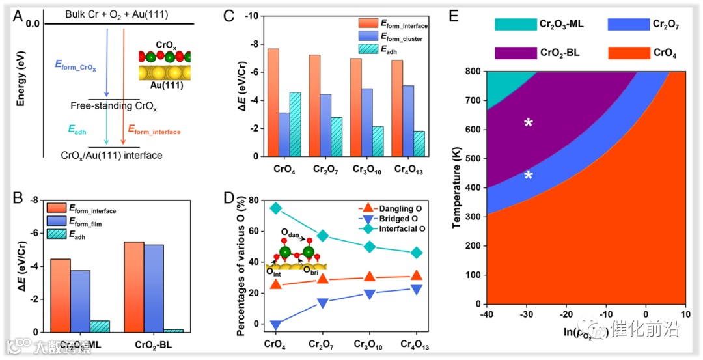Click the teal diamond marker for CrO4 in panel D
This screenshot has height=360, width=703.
(x=276, y=208)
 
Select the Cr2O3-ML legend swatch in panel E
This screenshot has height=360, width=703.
(x=513, y=24)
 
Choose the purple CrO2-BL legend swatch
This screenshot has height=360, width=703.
(x=513, y=53)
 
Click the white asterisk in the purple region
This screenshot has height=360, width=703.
(x=529, y=123)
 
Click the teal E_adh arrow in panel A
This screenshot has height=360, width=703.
(x=107, y=124)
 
